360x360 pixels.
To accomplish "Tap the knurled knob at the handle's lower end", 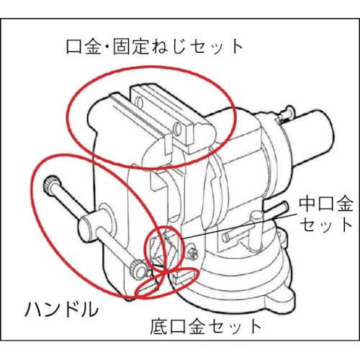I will click(x=137, y=271).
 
